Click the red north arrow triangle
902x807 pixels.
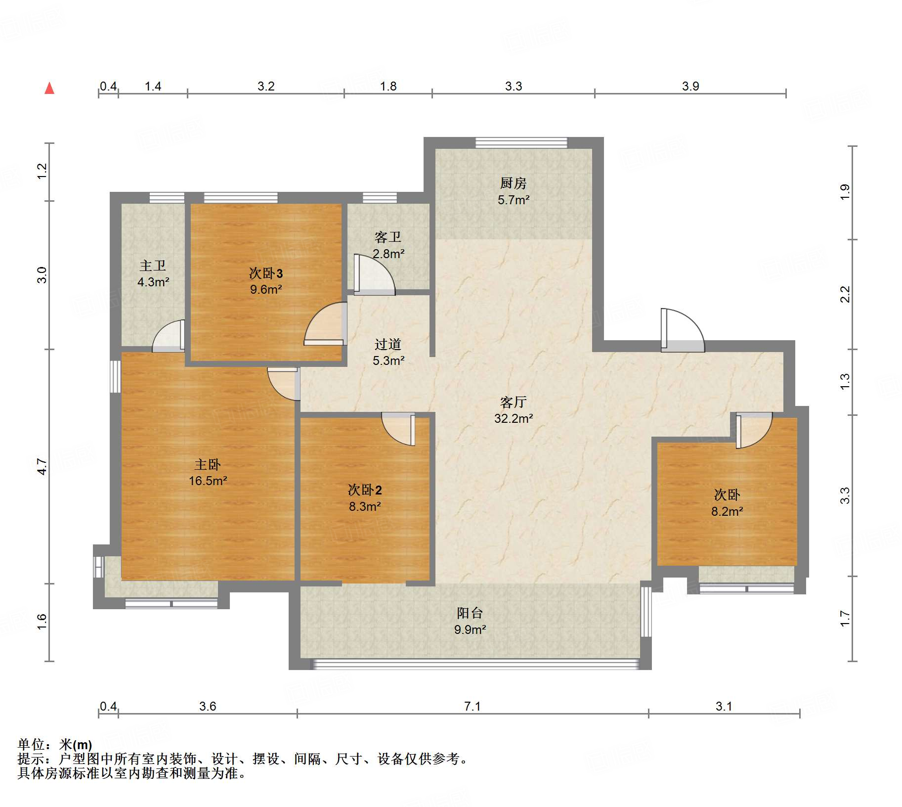click(49, 88)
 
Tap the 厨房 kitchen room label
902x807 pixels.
click(513, 183)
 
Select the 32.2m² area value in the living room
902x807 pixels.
click(514, 418)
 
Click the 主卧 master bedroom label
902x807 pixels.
click(208, 464)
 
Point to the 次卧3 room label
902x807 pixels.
click(266, 273)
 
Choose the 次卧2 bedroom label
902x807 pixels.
click(365, 490)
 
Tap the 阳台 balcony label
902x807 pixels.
click(470, 613)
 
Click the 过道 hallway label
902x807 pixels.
click(388, 344)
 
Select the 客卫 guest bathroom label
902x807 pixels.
click(388, 237)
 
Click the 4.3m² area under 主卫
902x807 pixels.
click(153, 282)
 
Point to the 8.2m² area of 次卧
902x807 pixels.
click(727, 511)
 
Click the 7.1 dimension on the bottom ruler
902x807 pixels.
click(472, 706)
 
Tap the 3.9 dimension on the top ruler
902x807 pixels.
click(690, 86)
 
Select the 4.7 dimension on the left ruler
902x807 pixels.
click(42, 467)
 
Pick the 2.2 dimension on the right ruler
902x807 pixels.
click(845, 294)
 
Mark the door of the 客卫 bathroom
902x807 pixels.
click(375, 275)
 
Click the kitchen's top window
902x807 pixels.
click(521, 143)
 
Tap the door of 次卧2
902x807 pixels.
click(398, 429)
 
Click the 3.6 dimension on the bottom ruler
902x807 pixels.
click(208, 706)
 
